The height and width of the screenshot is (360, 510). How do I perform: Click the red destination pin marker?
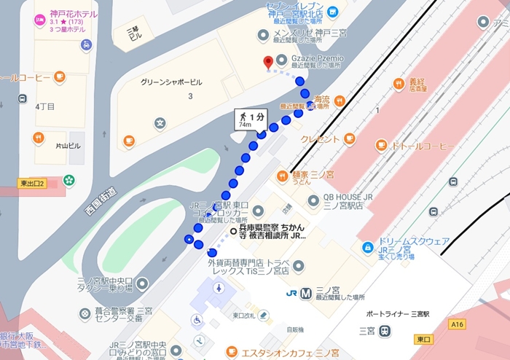click(268, 63)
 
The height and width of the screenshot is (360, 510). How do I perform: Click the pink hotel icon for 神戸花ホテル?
click(39, 17)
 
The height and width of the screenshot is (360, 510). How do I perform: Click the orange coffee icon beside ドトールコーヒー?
click(382, 146)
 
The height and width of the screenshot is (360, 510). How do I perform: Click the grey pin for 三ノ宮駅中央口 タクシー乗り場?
click(143, 283)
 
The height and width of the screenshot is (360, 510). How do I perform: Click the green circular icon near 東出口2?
click(68, 179)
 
